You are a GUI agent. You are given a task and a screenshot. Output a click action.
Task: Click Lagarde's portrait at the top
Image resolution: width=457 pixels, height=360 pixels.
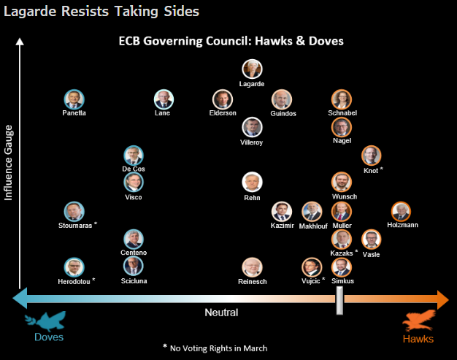(x=252, y=69)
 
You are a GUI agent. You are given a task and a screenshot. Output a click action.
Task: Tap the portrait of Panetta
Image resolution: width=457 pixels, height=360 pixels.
(x=73, y=99)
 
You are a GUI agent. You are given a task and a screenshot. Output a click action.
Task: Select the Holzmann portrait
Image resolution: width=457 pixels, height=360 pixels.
(x=401, y=212)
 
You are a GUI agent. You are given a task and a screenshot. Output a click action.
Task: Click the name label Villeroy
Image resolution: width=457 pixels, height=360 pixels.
(x=252, y=142)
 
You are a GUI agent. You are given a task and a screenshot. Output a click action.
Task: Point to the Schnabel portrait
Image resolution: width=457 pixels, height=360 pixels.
(x=341, y=99)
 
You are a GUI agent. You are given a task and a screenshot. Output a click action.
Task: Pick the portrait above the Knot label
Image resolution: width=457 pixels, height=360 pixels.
(x=372, y=156)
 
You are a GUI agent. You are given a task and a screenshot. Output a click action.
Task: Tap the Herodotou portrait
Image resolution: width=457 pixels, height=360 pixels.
(x=73, y=267)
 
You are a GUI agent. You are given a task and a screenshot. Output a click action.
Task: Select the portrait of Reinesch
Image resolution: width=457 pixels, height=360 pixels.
(x=252, y=267)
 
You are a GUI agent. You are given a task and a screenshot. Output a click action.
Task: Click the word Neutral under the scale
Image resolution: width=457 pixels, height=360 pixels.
(x=221, y=313)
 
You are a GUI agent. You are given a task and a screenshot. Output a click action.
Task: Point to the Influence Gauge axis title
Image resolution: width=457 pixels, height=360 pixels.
(x=9, y=163)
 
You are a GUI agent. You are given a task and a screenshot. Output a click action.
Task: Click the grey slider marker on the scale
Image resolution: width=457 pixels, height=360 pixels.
(x=339, y=299)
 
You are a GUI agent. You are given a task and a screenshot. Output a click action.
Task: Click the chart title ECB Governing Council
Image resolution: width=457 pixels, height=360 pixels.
(x=231, y=41)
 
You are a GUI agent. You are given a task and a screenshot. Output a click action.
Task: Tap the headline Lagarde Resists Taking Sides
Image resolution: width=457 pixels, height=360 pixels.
(x=101, y=11)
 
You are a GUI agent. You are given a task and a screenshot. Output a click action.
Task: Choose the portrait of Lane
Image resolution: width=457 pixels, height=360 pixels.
(x=163, y=99)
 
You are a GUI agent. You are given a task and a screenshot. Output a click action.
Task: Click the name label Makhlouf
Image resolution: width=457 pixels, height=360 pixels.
(x=312, y=226)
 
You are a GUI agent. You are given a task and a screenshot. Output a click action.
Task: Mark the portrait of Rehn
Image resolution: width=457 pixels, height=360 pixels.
(x=252, y=183)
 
